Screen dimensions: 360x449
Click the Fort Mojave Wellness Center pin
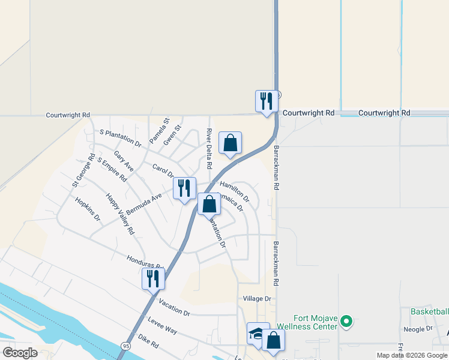coord(346,322)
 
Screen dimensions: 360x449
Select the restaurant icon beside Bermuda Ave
coord(185,188)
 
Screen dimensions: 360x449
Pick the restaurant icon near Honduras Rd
coord(153,278)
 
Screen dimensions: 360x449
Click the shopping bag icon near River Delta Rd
coord(230,143)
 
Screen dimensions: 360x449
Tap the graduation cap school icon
coord(258,334)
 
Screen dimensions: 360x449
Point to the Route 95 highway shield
coord(125,346)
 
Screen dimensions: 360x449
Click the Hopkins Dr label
coord(87,209)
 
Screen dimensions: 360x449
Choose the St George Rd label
coord(83,172)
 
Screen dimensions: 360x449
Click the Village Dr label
coord(258,298)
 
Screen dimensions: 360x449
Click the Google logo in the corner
coord(19,352)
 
